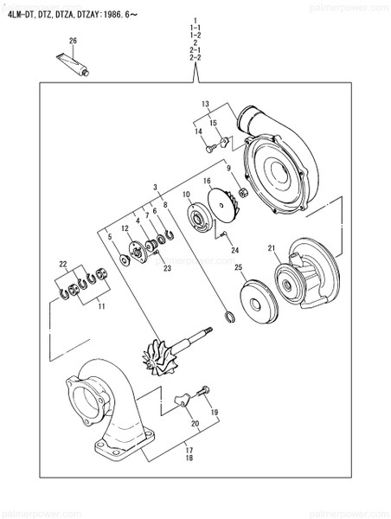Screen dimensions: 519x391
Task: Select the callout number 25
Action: point(238,270)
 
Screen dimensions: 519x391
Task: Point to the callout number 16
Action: point(207,182)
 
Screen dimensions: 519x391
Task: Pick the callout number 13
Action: point(205,104)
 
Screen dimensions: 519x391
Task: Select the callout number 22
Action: point(61,263)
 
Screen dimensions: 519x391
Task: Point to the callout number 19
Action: point(214,412)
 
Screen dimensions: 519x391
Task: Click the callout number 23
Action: point(167,268)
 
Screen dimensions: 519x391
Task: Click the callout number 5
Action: point(109,236)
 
